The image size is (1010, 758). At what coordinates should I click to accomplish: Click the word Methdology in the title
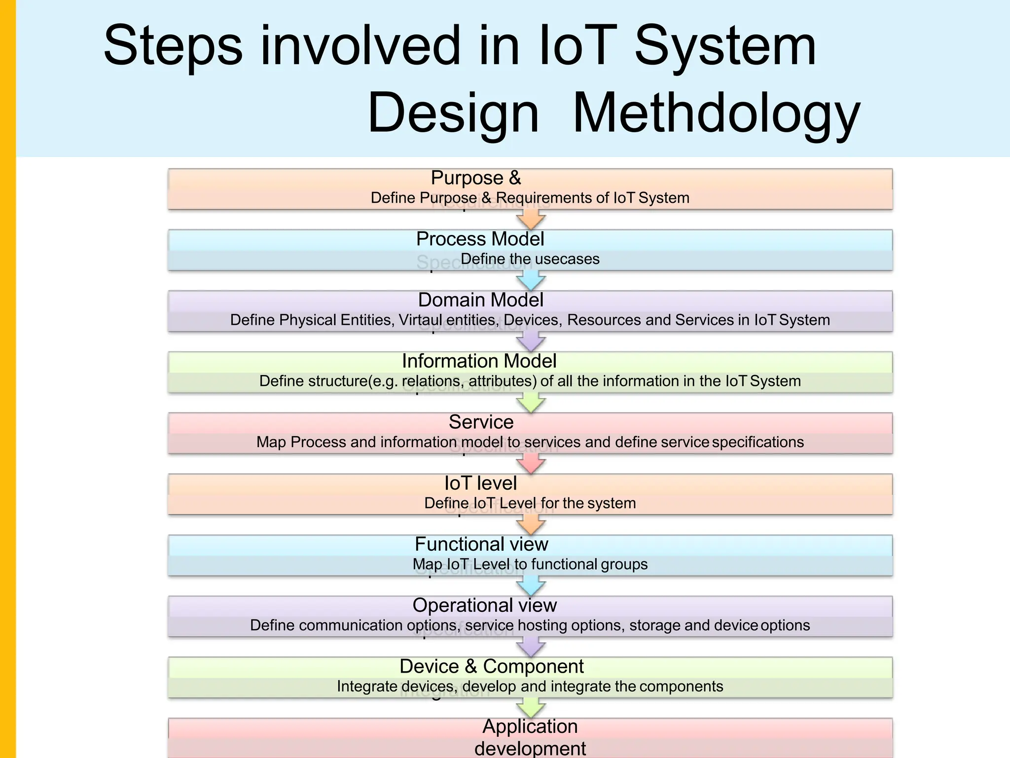716,114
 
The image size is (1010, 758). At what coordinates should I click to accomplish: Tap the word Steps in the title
173,47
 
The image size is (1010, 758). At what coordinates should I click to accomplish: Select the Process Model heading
480,239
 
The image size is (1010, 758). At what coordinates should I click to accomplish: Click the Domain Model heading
480,300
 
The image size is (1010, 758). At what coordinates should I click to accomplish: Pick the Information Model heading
479,361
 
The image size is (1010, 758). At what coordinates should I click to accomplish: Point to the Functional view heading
481,544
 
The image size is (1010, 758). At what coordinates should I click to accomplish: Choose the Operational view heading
484,606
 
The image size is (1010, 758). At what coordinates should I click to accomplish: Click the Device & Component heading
491,667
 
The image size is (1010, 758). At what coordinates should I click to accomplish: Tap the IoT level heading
480,483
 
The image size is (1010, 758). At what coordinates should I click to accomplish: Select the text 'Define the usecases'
530,259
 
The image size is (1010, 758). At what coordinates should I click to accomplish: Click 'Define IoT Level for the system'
530,503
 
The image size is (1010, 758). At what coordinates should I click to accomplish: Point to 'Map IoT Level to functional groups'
530,564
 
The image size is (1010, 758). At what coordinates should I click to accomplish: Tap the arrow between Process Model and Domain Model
531,281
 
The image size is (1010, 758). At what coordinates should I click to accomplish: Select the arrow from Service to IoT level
531,464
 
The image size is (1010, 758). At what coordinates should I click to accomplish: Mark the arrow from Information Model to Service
531,403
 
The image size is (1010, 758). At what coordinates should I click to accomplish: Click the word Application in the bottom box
530,727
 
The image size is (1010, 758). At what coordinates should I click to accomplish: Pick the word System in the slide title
725,47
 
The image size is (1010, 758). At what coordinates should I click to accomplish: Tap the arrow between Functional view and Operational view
531,586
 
